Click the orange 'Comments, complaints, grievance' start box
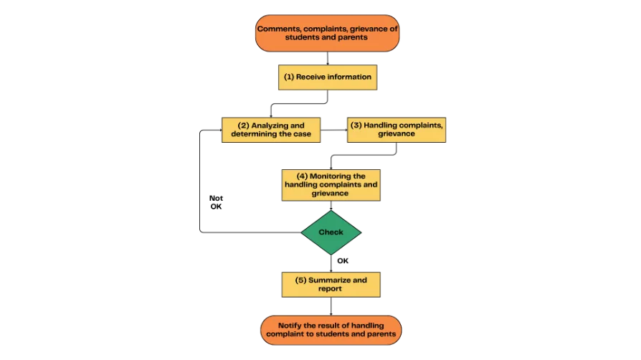pos(327,33)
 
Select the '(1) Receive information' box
pos(328,77)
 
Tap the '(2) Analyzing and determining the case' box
pos(271,130)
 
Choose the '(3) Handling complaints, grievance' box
pos(397,130)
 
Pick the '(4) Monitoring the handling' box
pos(331,185)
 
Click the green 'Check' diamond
pos(331,232)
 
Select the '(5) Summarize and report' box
pos(331,285)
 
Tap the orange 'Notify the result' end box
pos(331,330)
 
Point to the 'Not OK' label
pos(216,202)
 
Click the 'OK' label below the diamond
pos(343,261)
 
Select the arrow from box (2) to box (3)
pos(333,130)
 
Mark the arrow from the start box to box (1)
pos(328,58)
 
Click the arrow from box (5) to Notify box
pos(331,306)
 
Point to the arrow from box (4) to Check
pos(331,205)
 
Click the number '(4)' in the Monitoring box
pos(302,176)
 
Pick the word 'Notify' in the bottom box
pos(290,326)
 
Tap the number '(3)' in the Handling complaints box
pos(356,125)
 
